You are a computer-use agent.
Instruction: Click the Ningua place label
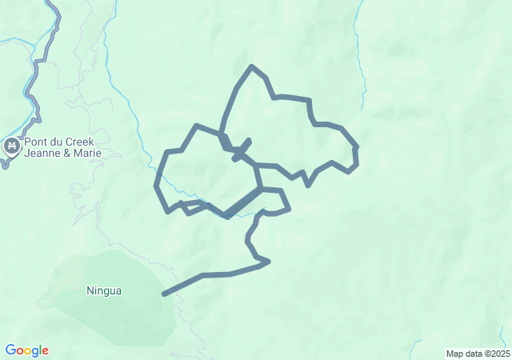pos(104,291)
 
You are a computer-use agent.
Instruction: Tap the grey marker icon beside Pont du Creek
pos(11,145)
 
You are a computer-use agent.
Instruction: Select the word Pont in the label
pos(36,142)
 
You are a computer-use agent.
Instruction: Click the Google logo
pos(26,350)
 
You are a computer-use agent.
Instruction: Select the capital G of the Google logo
pos(10,350)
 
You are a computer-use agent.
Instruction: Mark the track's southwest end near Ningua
pos(164,294)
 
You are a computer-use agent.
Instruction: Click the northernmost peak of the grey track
pos(252,66)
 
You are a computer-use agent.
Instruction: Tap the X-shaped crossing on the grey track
pos(242,150)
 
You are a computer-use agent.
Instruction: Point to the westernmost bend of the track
pos(157,186)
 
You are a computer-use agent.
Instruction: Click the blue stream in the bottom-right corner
pos(415,346)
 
